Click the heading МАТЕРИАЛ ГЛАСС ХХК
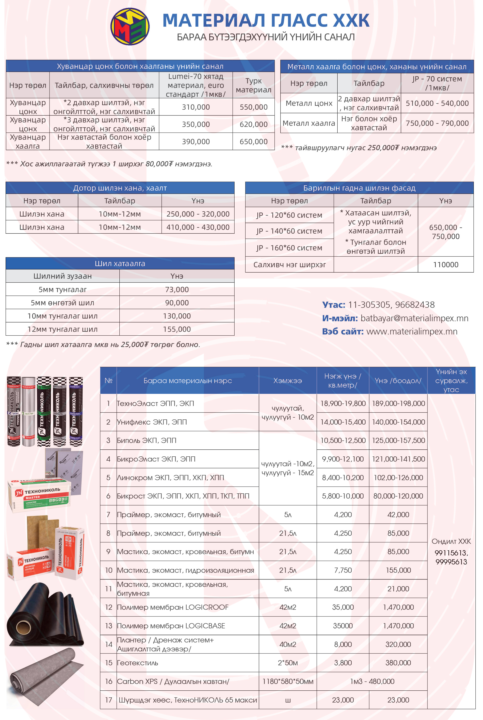265,20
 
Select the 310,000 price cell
196,107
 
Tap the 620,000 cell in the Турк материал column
254,124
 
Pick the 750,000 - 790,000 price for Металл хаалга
437,123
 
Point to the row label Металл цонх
309,103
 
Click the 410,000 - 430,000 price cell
198,227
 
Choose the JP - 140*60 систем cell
289,231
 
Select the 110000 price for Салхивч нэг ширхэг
445,265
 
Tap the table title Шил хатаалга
120,264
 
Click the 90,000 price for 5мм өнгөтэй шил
177,303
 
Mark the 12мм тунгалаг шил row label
63,329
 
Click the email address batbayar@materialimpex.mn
414,318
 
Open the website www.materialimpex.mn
412,331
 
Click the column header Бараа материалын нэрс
188,381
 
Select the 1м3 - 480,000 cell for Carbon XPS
372,681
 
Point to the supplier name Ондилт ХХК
451,541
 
